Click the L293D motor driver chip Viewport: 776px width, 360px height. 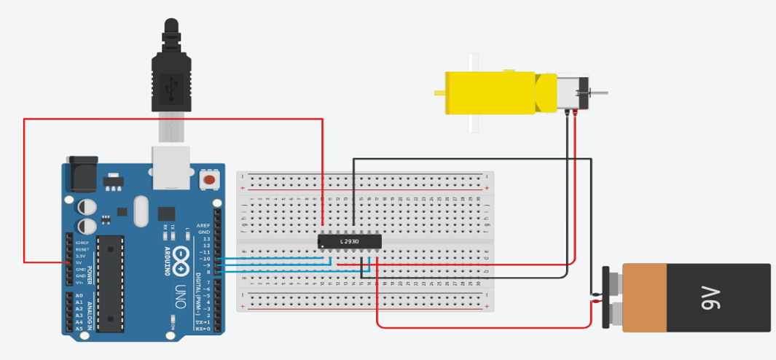click(349, 240)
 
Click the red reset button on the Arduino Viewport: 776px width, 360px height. click(210, 179)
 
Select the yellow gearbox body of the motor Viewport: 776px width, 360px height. click(491, 93)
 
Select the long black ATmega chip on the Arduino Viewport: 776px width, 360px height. click(110, 283)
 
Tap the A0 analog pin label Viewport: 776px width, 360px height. click(79, 295)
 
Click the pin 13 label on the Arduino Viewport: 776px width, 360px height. click(206, 239)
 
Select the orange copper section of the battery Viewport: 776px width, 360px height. click(644, 297)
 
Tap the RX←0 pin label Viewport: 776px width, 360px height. click(203, 329)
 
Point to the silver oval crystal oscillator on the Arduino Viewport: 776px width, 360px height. click(141, 211)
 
